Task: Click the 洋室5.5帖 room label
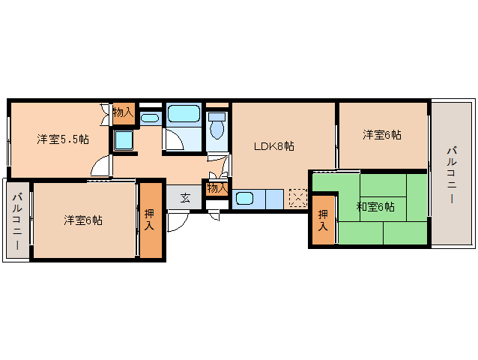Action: click(x=64, y=139)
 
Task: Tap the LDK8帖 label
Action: click(x=273, y=145)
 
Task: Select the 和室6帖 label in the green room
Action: click(x=375, y=206)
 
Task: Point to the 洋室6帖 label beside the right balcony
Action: click(x=382, y=135)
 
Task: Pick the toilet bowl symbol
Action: click(x=217, y=128)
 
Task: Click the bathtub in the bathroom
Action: click(x=183, y=115)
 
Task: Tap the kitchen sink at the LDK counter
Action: click(x=246, y=199)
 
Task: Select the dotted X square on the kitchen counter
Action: click(x=297, y=199)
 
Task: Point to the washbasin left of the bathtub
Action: click(x=149, y=118)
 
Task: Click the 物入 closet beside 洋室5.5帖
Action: click(x=123, y=112)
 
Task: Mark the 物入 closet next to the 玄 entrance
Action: click(x=217, y=187)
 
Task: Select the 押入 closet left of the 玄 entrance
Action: click(x=150, y=220)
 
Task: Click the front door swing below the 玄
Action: click(x=178, y=220)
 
